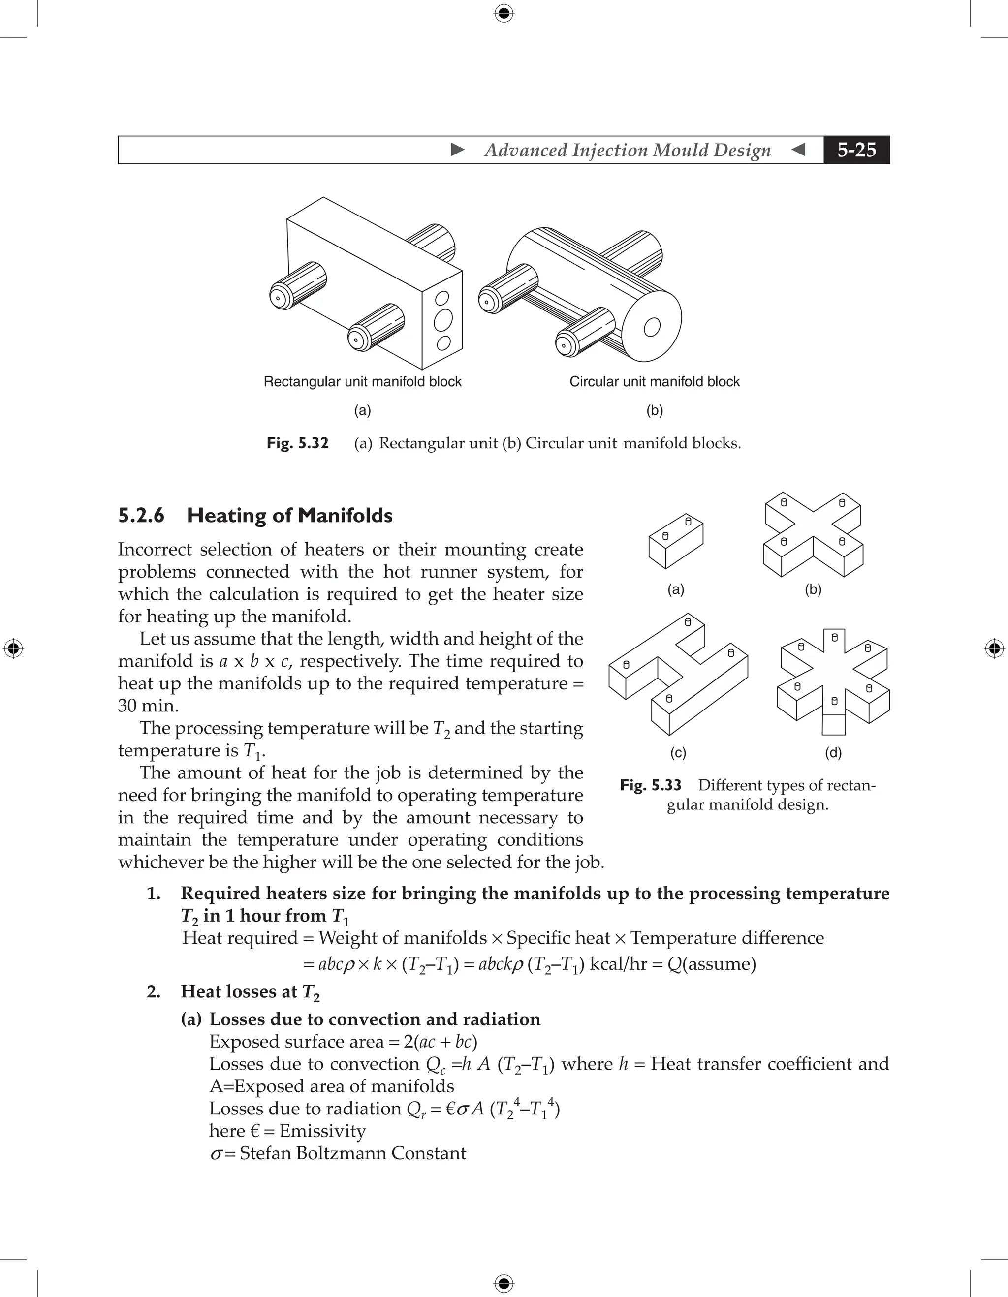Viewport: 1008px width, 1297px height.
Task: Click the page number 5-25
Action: (856, 150)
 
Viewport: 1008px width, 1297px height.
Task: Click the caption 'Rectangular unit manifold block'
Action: (362, 382)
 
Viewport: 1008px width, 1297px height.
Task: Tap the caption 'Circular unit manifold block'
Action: (655, 382)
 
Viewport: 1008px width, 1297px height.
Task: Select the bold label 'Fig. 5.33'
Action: (650, 786)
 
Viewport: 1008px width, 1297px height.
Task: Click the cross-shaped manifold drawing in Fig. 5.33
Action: (813, 534)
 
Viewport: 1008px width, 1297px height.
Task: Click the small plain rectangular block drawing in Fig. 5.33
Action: (676, 540)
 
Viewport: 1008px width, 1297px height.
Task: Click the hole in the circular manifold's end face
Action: (652, 327)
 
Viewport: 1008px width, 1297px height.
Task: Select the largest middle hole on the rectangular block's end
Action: (443, 321)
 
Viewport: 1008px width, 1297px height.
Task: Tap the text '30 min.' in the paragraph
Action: (148, 706)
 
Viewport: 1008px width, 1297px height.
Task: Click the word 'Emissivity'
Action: (322, 1131)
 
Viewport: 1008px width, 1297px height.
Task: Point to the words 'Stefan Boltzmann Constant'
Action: (353, 1154)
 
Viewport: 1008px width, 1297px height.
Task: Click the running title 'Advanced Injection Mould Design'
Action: (628, 150)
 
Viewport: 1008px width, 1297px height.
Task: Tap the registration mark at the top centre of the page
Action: (504, 13)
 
